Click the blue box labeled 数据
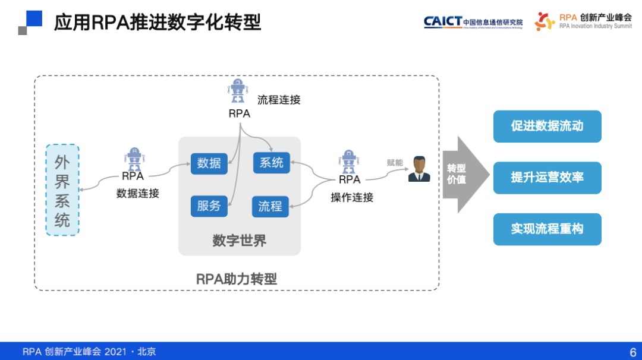click(x=209, y=163)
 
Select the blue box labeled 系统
click(x=272, y=162)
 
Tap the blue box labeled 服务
click(x=209, y=206)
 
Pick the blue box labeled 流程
click(x=270, y=207)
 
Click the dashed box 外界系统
click(x=62, y=190)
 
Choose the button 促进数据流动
click(x=547, y=127)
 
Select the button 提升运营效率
click(x=547, y=178)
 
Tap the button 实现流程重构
click(x=547, y=229)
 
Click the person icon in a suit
click(x=419, y=169)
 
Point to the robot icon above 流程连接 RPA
click(x=238, y=91)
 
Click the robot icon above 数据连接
click(x=134, y=159)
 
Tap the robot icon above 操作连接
click(x=349, y=162)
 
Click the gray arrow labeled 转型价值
click(x=464, y=174)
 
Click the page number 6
click(x=632, y=351)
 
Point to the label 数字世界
click(x=239, y=241)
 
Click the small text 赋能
click(x=395, y=162)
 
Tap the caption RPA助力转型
click(x=237, y=279)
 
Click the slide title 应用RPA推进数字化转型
click(x=158, y=23)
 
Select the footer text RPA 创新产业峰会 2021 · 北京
click(x=89, y=351)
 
